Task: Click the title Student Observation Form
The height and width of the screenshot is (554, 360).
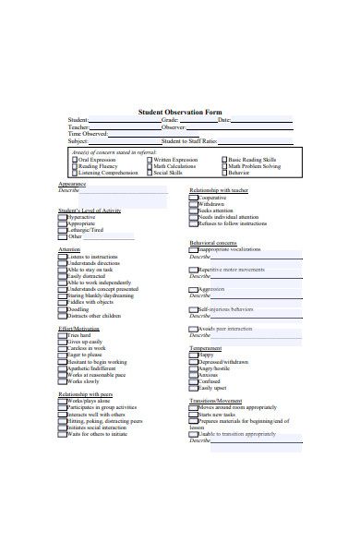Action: [x=180, y=111]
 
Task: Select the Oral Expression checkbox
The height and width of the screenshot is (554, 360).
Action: [x=75, y=159]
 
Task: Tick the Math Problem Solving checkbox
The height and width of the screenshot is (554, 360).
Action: [x=224, y=166]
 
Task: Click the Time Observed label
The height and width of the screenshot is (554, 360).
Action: [x=88, y=133]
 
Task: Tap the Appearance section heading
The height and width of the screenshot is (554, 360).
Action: [x=71, y=184]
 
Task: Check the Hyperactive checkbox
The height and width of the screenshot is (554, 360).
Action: [x=63, y=217]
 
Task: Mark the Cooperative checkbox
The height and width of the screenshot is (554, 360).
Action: [x=194, y=198]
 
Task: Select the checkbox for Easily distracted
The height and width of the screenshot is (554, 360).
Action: [x=63, y=275]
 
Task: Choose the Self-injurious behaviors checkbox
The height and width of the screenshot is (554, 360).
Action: [x=194, y=308]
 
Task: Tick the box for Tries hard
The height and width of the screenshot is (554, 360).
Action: [x=63, y=335]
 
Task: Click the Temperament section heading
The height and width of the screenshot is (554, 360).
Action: [x=205, y=348]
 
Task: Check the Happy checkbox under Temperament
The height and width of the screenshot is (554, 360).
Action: [x=194, y=355]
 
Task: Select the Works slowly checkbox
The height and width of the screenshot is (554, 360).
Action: [x=63, y=381]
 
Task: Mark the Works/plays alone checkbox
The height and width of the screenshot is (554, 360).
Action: [x=63, y=402]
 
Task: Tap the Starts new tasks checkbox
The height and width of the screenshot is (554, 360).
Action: [x=194, y=415]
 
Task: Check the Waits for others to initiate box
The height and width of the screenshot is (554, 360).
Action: [x=63, y=434]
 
